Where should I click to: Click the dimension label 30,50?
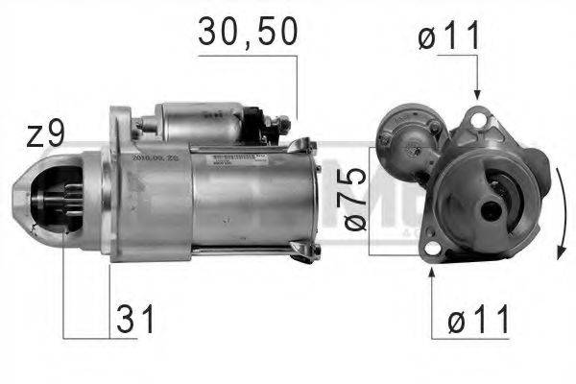point(248,32)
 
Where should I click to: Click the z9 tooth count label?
point(44,134)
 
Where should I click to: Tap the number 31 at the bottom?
point(135,318)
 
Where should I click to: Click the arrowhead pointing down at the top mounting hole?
point(477,92)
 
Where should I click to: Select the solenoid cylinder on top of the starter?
point(202,122)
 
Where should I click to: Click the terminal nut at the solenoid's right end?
point(280,125)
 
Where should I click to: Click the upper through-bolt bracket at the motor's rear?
point(304,146)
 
